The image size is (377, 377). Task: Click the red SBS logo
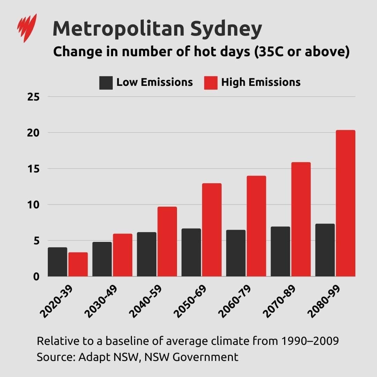pos(27,28)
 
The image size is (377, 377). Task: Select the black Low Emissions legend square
pos(106,83)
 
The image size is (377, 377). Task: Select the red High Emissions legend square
pos(210,83)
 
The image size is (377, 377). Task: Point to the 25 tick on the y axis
pos(34,97)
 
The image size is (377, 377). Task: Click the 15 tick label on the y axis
pos(34,169)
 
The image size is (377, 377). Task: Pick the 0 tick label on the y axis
pos(36,276)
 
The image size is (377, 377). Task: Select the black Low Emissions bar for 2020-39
pos(58,262)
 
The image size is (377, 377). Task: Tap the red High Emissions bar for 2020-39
pos(78,264)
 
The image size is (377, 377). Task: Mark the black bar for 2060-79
pos(236,253)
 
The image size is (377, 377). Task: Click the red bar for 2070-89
pos(301,219)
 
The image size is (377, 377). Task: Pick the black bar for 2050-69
pos(191,252)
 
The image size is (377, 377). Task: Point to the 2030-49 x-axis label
pos(102,302)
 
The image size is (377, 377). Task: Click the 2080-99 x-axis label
pos(325,302)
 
